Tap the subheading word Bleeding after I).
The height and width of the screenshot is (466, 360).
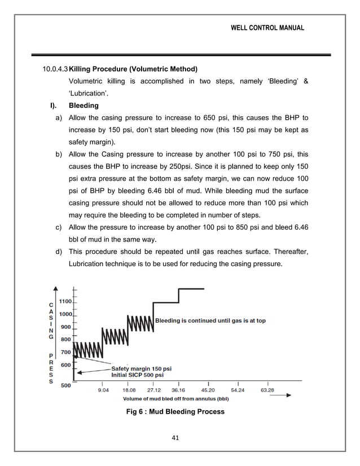[x=83, y=105]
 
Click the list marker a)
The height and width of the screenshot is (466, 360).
[x=58, y=118]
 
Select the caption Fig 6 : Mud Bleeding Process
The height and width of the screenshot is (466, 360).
[x=177, y=411]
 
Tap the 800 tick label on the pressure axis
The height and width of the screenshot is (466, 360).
[x=66, y=339]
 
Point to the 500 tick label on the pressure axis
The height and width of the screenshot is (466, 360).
[x=66, y=386]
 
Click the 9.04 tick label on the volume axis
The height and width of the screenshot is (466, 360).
[x=104, y=389]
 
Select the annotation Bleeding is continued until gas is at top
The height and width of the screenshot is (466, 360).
[x=210, y=320]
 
